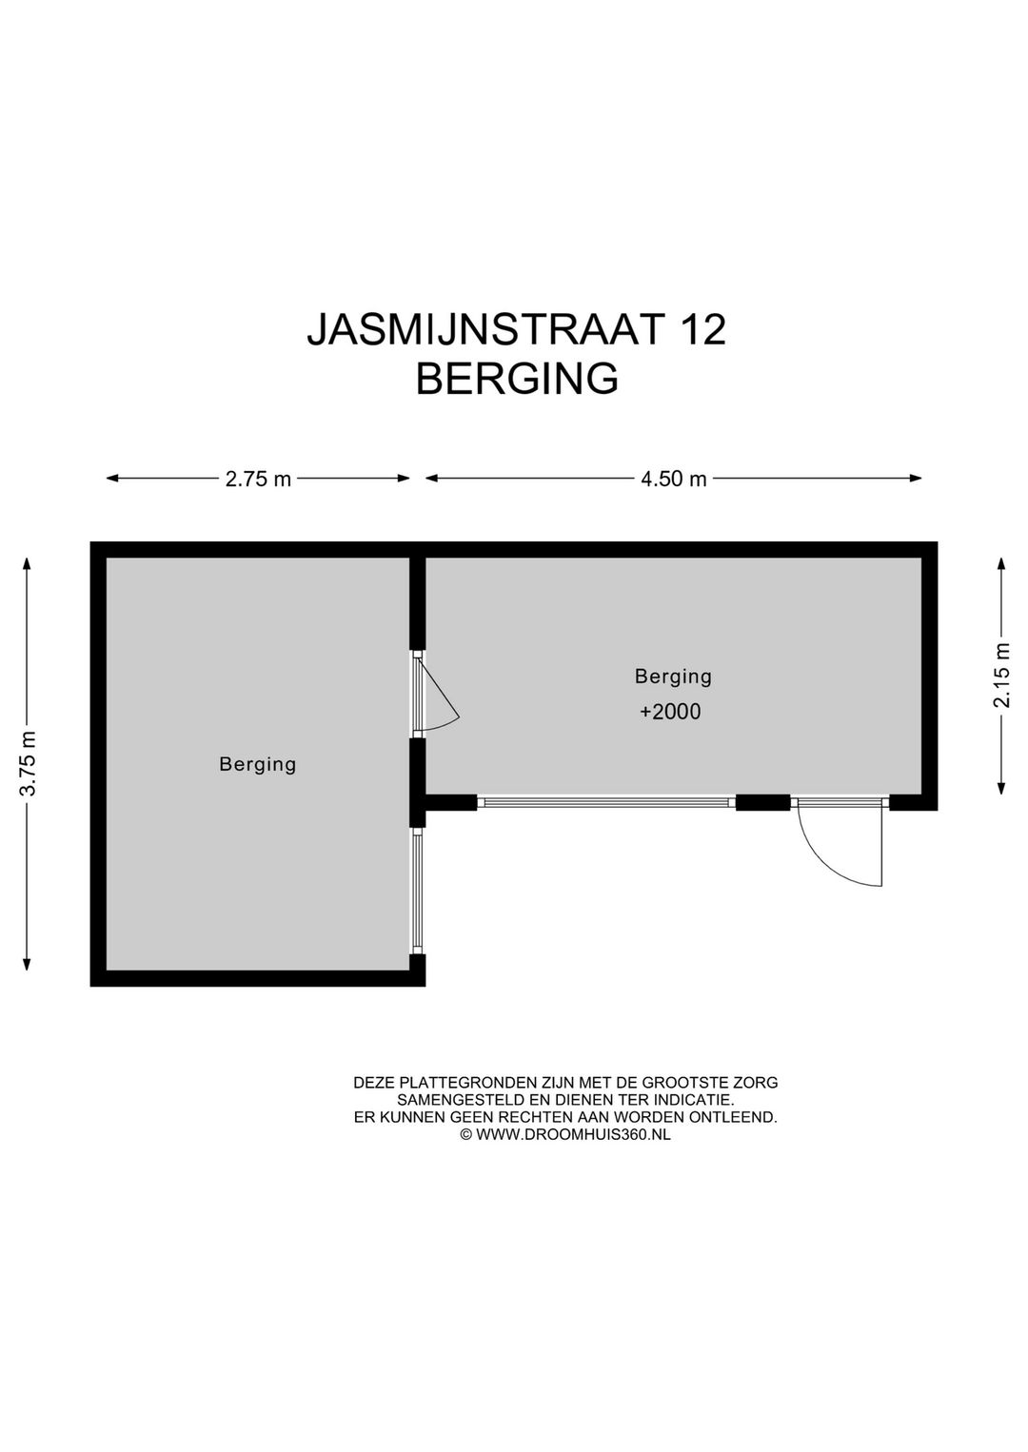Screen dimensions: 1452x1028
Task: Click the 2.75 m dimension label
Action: [258, 479]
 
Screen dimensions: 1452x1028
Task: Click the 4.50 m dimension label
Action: [673, 479]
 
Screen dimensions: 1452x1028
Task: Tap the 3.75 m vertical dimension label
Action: [29, 763]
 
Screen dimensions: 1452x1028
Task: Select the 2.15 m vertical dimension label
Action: [1001, 675]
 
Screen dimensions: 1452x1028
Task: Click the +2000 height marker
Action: [670, 712]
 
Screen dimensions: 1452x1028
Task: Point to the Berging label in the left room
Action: [257, 764]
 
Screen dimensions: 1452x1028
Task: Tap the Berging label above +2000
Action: [673, 677]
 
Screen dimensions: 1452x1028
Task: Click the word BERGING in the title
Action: [517, 379]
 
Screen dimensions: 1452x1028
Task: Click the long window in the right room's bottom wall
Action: [605, 803]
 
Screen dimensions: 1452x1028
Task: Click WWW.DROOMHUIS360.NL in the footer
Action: [573, 1134]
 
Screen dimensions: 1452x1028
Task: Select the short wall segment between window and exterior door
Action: [762, 803]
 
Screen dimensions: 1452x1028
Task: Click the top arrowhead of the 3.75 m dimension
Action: [28, 563]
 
